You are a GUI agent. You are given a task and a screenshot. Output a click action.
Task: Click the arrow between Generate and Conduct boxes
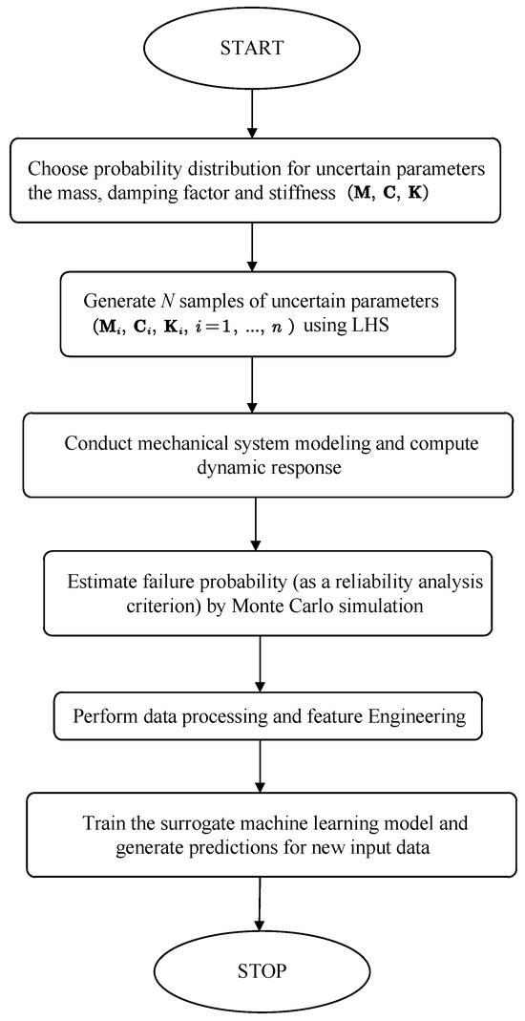(x=254, y=384)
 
